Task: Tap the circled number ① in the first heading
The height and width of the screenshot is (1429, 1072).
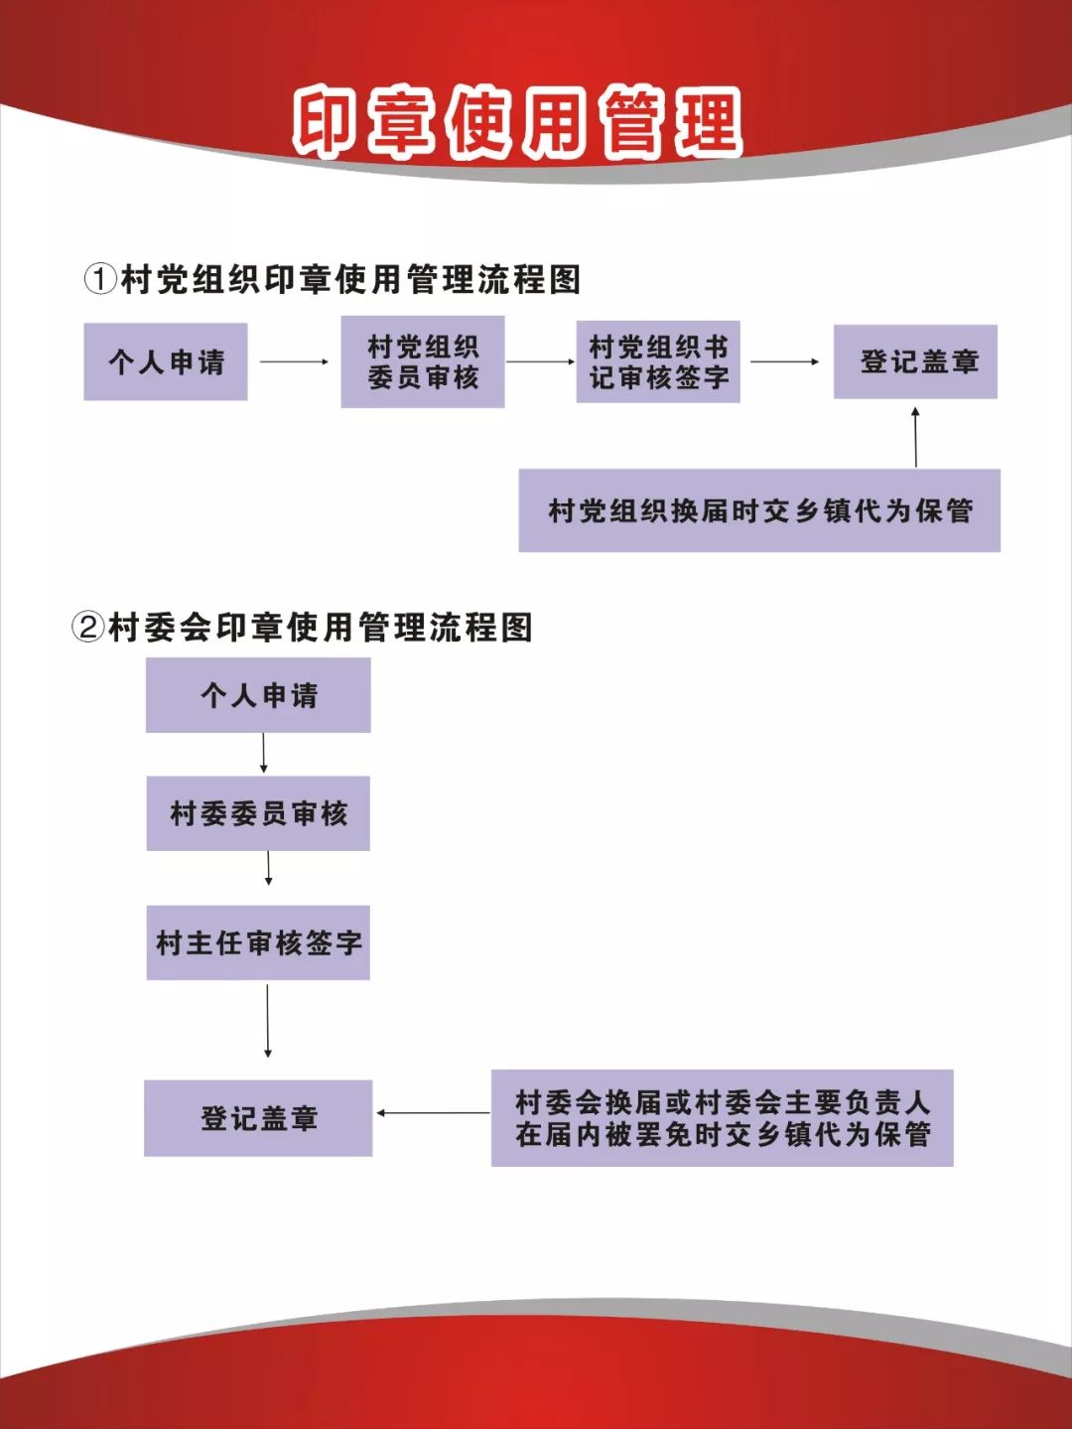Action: tap(101, 281)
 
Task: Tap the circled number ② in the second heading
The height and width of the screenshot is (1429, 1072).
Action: tap(87, 629)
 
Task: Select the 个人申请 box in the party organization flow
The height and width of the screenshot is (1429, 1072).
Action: tap(165, 361)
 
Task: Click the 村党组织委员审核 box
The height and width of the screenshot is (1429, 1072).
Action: tap(423, 362)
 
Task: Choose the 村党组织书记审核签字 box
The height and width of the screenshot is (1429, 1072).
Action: tap(658, 361)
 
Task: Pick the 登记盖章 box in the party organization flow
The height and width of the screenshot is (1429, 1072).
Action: tap(915, 361)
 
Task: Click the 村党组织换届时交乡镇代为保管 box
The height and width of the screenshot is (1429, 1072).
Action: tap(759, 510)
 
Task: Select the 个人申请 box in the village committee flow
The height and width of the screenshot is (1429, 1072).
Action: tap(258, 695)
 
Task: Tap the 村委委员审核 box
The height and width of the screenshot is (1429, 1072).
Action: tap(258, 813)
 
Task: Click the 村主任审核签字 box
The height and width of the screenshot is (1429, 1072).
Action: tap(258, 942)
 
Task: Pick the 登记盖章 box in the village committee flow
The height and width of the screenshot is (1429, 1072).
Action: tap(258, 1118)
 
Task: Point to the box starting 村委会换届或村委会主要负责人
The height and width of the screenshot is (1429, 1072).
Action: tap(722, 1118)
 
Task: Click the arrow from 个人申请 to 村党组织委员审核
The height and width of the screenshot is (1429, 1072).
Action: tap(294, 362)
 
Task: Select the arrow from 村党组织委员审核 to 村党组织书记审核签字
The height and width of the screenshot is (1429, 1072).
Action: tap(541, 361)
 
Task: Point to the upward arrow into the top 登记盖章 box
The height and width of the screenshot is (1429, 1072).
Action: tap(916, 438)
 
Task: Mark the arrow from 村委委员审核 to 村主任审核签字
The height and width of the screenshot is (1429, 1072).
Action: tap(268, 869)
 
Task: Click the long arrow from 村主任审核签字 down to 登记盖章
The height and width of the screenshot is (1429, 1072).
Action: tap(267, 1021)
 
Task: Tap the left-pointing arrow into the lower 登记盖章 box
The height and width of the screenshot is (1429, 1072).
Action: tap(433, 1112)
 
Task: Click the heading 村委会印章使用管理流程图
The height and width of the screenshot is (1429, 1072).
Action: tap(320, 629)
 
